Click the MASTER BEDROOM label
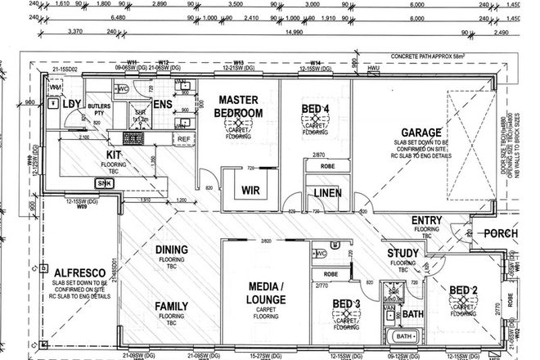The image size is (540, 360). click(x=239, y=106)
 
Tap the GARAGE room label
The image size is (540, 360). click(x=421, y=132)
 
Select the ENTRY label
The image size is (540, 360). click(x=427, y=220)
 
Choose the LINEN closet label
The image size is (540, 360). click(x=326, y=194)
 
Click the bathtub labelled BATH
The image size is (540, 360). click(x=403, y=336)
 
